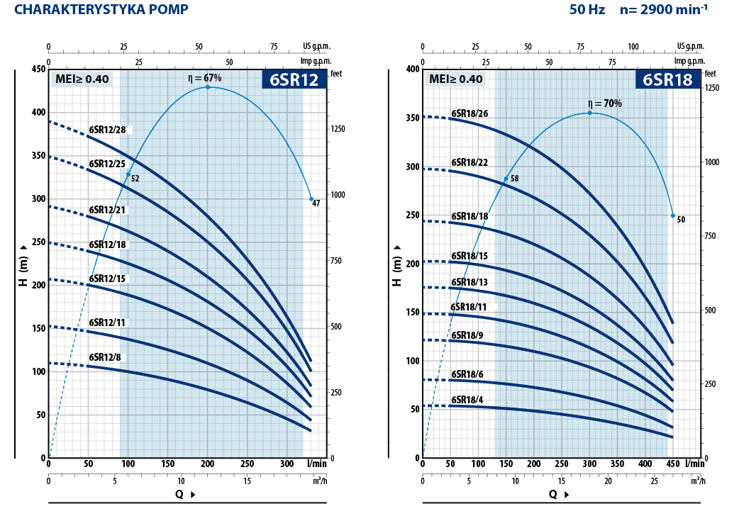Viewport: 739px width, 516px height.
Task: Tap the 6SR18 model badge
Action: [667, 79]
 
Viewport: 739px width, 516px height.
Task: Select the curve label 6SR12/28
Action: [107, 129]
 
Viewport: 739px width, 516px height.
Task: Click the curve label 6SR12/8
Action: [105, 357]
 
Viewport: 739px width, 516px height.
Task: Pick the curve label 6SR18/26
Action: [469, 113]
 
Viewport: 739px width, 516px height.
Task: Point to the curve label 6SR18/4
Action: [467, 400]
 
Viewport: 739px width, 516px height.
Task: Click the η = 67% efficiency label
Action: [205, 78]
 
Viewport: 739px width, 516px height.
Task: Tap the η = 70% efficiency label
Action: [605, 103]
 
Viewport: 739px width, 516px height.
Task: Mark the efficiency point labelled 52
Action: [128, 174]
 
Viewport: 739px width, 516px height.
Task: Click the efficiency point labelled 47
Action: [311, 199]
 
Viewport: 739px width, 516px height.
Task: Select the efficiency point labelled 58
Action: [506, 179]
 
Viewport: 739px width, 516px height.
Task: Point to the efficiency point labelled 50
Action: [673, 215]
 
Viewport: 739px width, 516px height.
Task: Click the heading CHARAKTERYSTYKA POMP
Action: [101, 9]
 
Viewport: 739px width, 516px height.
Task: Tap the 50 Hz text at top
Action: [586, 10]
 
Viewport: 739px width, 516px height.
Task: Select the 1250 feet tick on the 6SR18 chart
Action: [712, 87]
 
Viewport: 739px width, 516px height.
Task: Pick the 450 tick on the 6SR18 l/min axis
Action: [672, 464]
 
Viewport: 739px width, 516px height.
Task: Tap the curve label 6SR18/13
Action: [469, 282]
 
